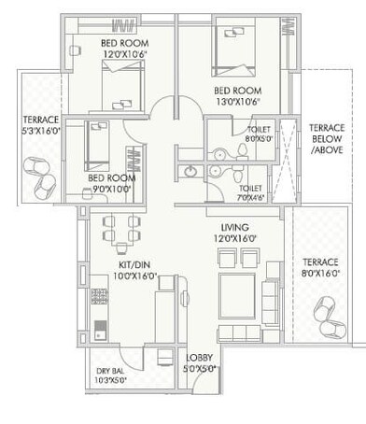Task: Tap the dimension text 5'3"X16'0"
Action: (x=40, y=132)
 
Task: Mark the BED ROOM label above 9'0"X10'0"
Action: (x=108, y=177)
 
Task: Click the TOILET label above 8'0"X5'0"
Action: (x=260, y=132)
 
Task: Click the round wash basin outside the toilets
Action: (x=191, y=172)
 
